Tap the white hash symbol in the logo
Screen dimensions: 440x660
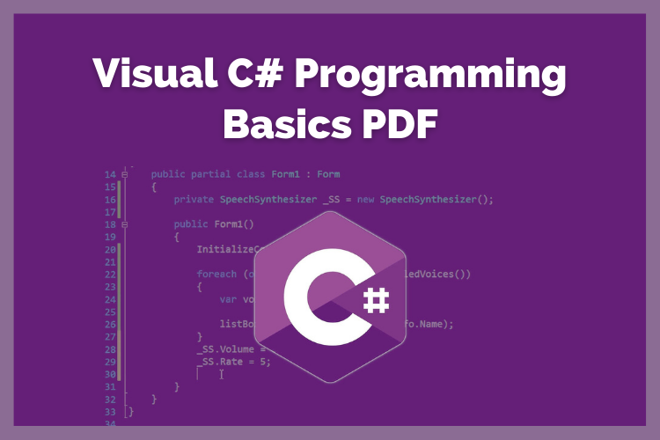tap(373, 302)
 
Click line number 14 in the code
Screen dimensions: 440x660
tap(110, 174)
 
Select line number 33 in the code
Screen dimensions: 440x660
tap(110, 411)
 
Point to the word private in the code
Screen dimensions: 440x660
tap(194, 199)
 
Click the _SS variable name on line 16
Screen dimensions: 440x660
tap(331, 199)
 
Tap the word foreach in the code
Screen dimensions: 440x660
tap(216, 274)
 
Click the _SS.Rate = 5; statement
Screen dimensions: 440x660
tap(233, 361)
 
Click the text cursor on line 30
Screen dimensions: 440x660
tap(222, 374)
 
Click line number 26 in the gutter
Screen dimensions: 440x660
tap(110, 324)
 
